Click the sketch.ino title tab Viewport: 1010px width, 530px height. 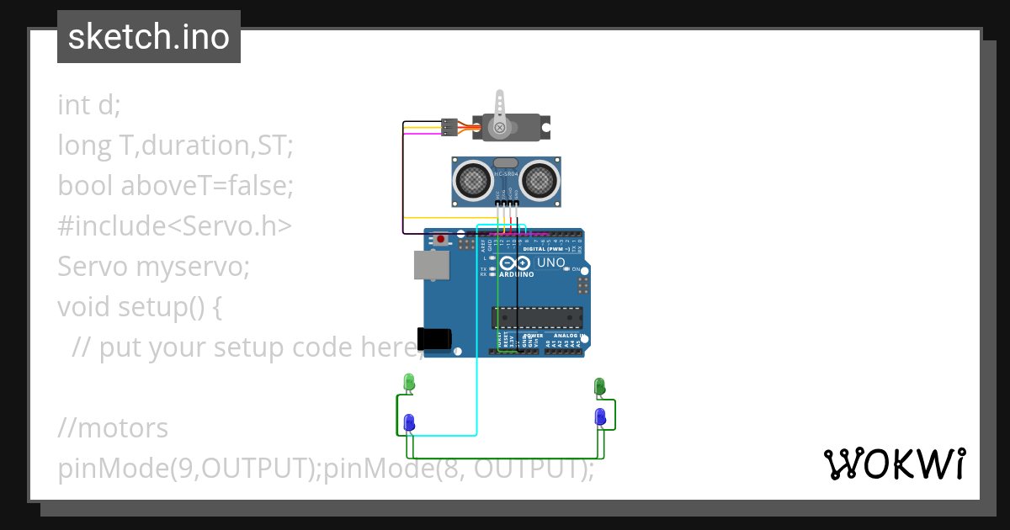(149, 37)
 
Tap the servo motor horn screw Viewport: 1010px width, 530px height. (500, 128)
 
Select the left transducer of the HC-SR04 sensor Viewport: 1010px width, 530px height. (474, 178)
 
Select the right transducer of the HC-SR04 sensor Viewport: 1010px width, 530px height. (539, 178)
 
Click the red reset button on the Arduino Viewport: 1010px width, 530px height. (441, 239)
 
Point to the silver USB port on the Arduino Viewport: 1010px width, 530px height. (430, 264)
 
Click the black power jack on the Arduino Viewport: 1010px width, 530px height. (434, 338)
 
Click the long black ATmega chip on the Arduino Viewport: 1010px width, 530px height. (537, 317)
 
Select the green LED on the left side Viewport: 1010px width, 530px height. (409, 382)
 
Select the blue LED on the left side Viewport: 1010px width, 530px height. (409, 422)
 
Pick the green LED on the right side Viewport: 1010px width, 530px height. (599, 386)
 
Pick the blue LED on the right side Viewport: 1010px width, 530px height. (599, 416)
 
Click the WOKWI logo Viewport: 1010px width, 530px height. (894, 464)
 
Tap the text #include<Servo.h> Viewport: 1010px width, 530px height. (175, 225)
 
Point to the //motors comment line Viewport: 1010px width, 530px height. (113, 427)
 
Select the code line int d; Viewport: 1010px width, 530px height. (89, 104)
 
